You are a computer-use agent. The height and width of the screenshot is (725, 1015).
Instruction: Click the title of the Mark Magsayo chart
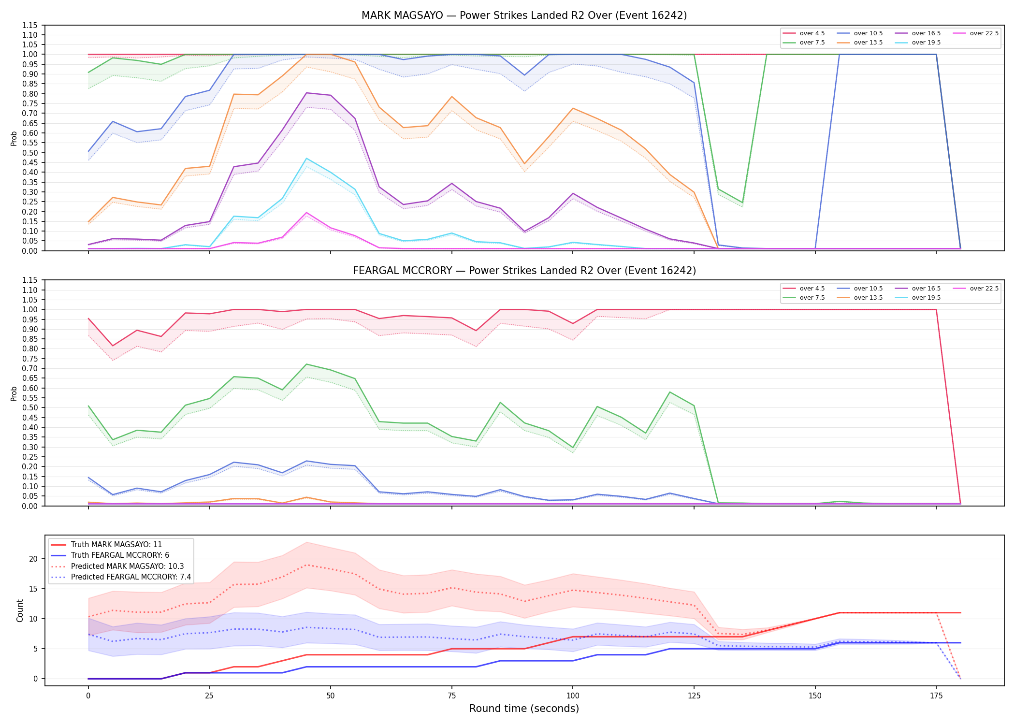click(x=524, y=15)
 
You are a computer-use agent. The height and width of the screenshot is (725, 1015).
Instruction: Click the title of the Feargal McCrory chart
click(x=524, y=271)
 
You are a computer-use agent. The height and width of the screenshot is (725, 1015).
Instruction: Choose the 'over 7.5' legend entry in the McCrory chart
click(x=803, y=298)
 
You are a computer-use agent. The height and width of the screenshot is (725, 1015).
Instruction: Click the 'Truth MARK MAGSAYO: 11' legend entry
click(x=106, y=545)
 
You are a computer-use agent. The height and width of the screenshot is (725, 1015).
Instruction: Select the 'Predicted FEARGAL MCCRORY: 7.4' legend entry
click(x=121, y=577)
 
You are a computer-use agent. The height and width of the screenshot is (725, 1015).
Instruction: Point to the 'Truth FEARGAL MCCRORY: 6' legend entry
click(x=110, y=555)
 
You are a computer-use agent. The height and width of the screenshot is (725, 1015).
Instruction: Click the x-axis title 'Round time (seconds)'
click(x=524, y=709)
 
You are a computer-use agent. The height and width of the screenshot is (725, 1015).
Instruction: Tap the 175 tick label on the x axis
click(x=936, y=696)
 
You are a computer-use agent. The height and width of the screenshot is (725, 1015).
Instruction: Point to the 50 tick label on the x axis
click(x=330, y=696)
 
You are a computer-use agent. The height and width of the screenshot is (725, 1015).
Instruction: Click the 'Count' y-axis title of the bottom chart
click(x=20, y=610)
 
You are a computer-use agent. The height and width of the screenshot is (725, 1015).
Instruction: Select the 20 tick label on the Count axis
click(x=33, y=559)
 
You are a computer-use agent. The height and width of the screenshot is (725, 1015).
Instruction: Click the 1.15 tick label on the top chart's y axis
click(x=29, y=25)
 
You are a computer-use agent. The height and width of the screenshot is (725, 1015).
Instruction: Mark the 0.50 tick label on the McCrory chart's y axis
click(x=29, y=407)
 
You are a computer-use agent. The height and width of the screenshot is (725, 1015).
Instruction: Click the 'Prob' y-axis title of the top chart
click(x=14, y=138)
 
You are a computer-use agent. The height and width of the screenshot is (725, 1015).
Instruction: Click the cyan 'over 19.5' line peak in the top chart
click(x=306, y=159)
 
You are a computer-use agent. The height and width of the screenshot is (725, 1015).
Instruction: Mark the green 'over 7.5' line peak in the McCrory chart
click(x=306, y=364)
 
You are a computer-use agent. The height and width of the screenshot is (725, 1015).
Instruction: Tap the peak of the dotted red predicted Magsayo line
click(x=306, y=565)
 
